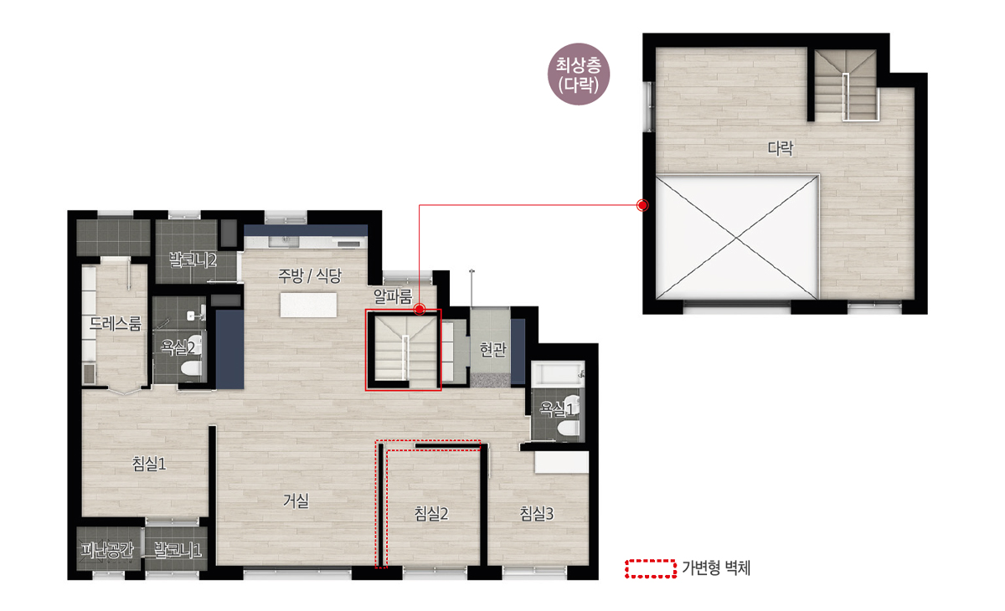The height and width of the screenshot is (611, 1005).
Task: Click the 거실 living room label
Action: tap(296, 501)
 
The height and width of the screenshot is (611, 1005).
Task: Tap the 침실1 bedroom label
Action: tap(149, 464)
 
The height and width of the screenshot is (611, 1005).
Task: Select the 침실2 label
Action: tap(431, 513)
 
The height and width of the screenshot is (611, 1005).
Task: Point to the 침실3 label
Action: tap(537, 513)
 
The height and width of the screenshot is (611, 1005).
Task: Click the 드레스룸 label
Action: tap(116, 323)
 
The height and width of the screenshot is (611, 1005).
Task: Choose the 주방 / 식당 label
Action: tap(310, 275)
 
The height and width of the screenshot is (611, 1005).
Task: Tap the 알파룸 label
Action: tap(393, 296)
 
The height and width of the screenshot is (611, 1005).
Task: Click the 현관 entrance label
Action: tap(492, 349)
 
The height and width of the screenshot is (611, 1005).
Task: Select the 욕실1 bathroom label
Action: tap(557, 408)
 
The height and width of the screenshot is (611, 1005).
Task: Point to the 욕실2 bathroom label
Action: tap(178, 347)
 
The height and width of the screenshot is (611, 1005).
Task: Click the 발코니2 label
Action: tap(193, 259)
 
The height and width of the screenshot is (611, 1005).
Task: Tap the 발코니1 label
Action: tap(178, 550)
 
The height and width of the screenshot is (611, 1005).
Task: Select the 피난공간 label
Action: tap(107, 550)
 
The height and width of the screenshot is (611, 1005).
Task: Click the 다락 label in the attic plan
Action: tap(781, 148)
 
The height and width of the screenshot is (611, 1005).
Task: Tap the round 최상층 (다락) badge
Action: tap(579, 74)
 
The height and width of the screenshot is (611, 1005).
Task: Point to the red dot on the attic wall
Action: tap(642, 205)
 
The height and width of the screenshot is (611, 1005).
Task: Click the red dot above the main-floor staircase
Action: tap(420, 309)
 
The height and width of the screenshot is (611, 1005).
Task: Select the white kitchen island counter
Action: tap(308, 305)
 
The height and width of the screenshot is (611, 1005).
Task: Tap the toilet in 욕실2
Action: tap(192, 367)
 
